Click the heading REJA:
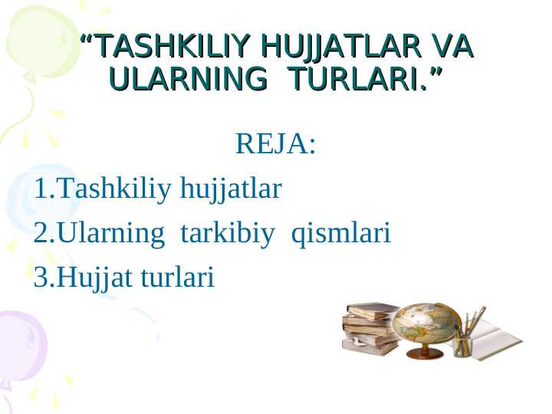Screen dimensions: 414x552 click(275, 143)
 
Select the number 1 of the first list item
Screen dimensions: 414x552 click(41, 188)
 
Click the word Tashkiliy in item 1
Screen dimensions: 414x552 click(115, 188)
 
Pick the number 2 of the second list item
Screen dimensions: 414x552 click(41, 232)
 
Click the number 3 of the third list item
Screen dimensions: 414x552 click(41, 278)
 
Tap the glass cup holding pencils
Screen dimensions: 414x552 click(462, 344)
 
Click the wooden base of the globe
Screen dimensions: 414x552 click(424, 353)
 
